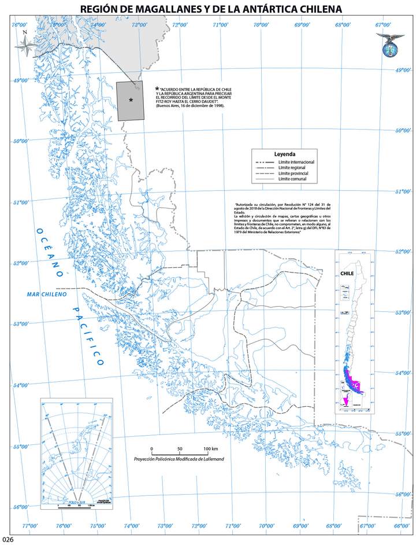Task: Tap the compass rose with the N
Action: tap(25, 45)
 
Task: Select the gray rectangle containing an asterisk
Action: tap(131, 101)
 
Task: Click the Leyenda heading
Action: tap(285, 154)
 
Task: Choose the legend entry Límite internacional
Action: tap(296, 162)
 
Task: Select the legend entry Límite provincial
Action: tap(294, 174)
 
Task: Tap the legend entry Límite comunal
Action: tap(292, 179)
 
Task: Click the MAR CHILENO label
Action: tap(47, 294)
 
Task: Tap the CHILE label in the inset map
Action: tap(347, 274)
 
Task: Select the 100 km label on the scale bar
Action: tap(211, 449)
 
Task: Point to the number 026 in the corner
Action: tap(8, 540)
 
